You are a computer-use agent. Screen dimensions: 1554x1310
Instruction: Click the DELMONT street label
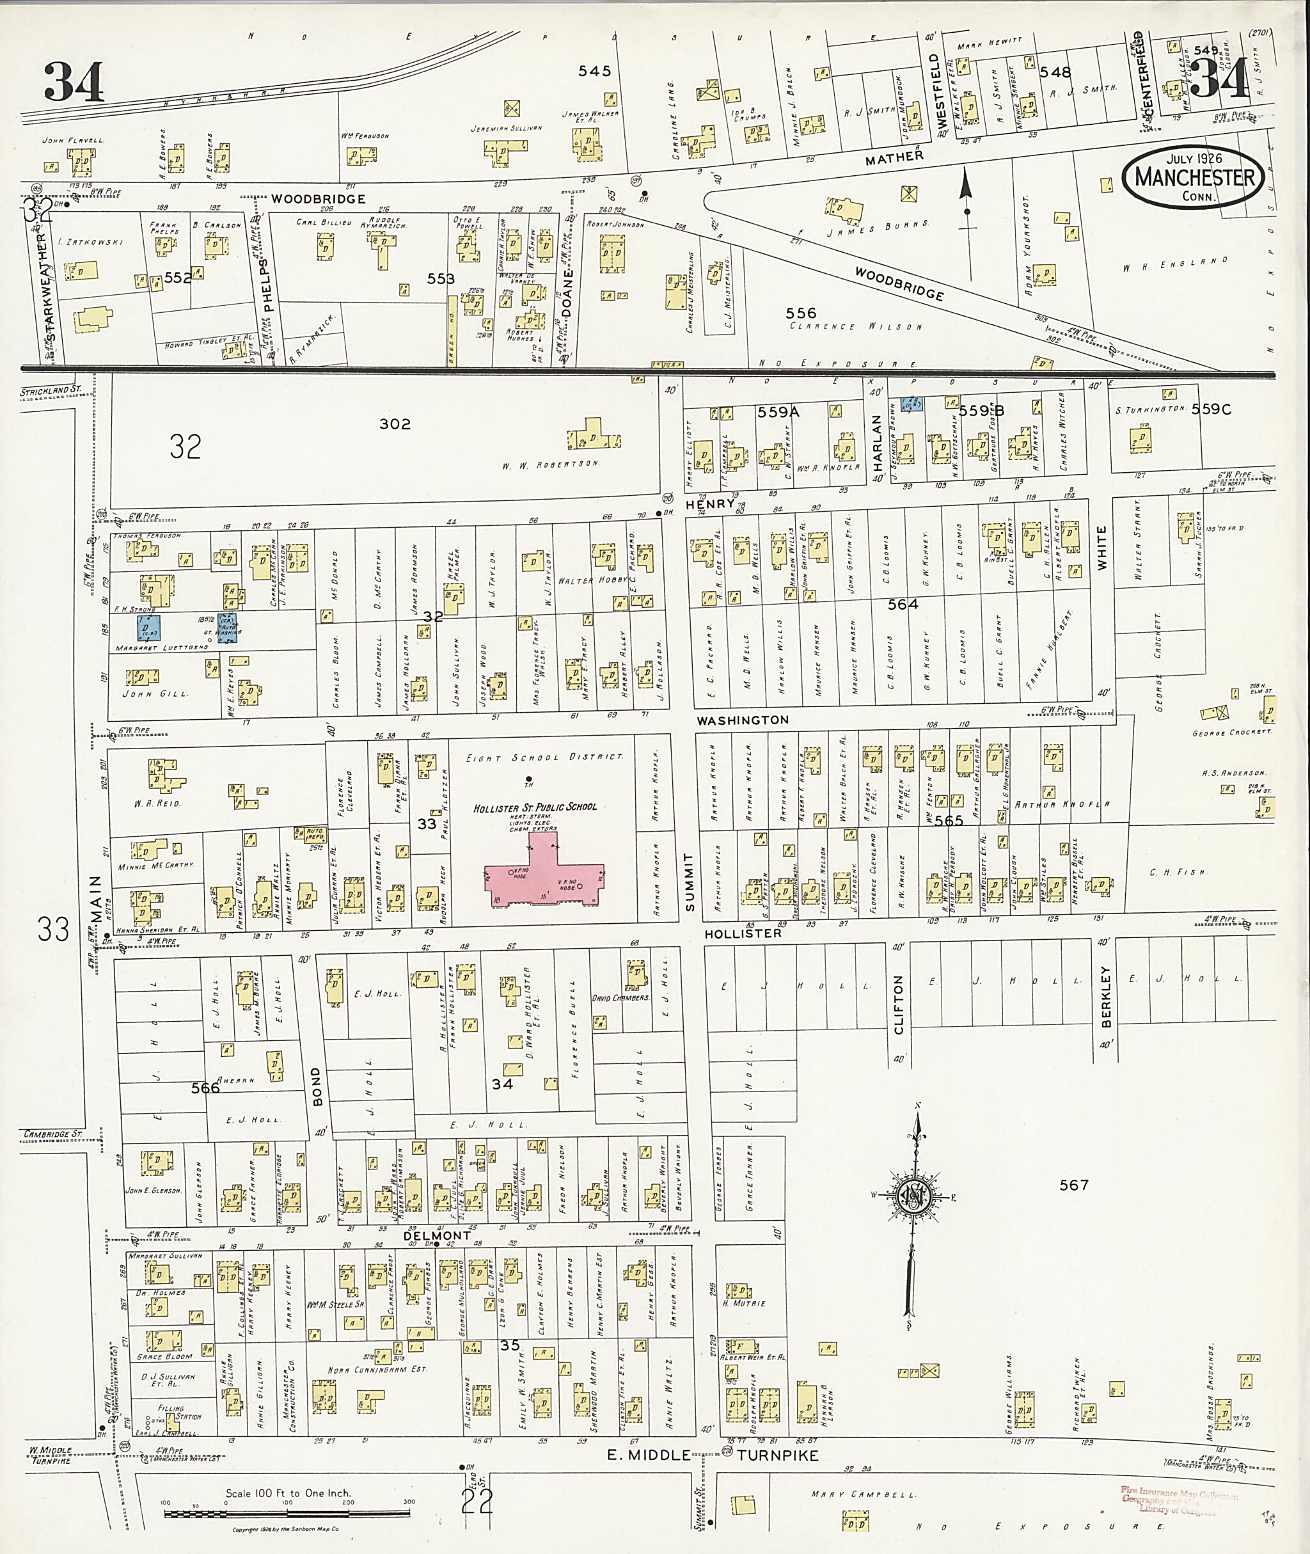point(437,1235)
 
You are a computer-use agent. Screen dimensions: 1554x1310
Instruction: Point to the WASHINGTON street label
point(743,720)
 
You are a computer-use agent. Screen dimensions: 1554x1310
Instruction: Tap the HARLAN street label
point(877,443)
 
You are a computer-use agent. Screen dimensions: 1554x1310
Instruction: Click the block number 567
point(1074,1185)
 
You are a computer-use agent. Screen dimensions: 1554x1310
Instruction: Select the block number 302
point(394,424)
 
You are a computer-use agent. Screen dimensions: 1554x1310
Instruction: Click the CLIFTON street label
point(899,1005)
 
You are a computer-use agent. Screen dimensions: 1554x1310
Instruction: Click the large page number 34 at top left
point(74,82)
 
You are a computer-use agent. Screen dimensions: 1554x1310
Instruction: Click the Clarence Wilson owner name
point(855,326)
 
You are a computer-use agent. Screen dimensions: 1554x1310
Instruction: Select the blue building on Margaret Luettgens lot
point(149,628)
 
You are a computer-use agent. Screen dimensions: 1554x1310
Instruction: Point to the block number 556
point(801,313)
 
